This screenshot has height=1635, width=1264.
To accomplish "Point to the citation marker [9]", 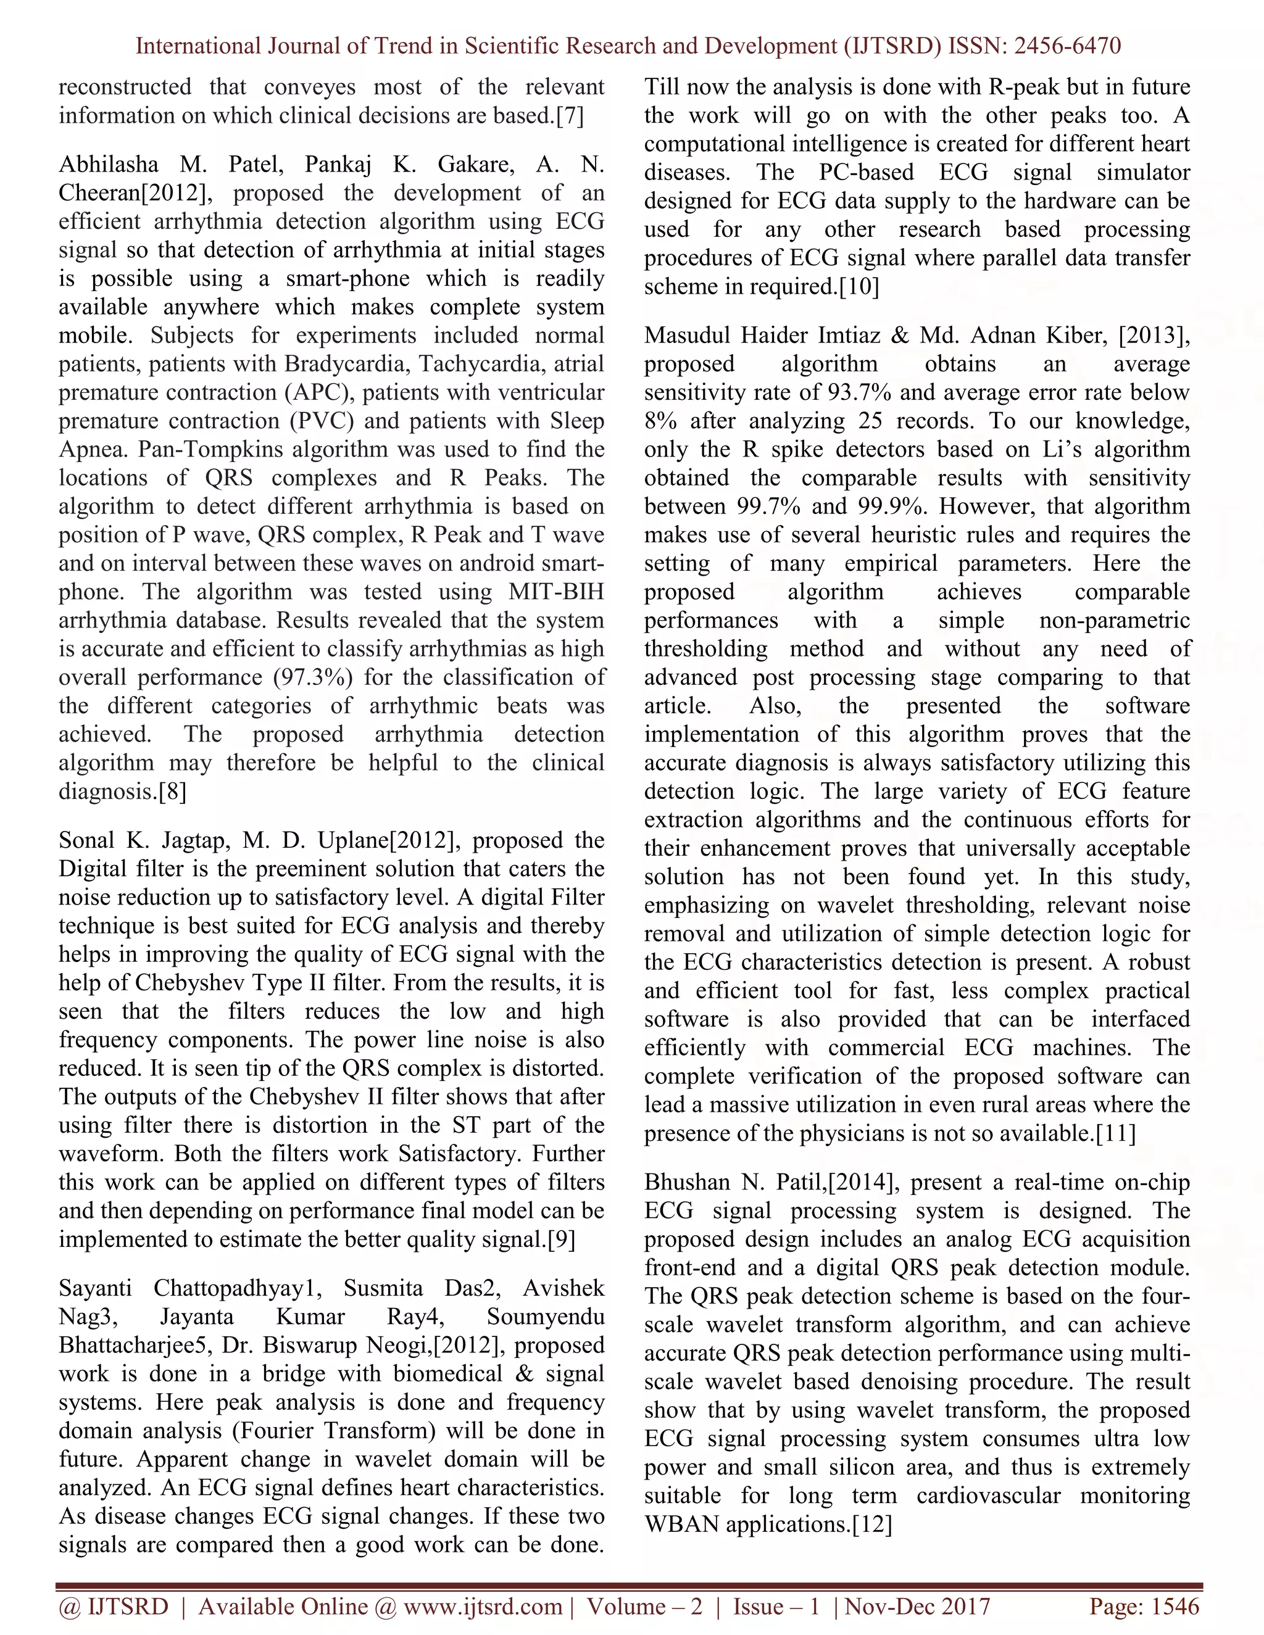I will tap(561, 1241).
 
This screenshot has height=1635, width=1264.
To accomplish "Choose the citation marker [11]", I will tap(1116, 1133).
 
